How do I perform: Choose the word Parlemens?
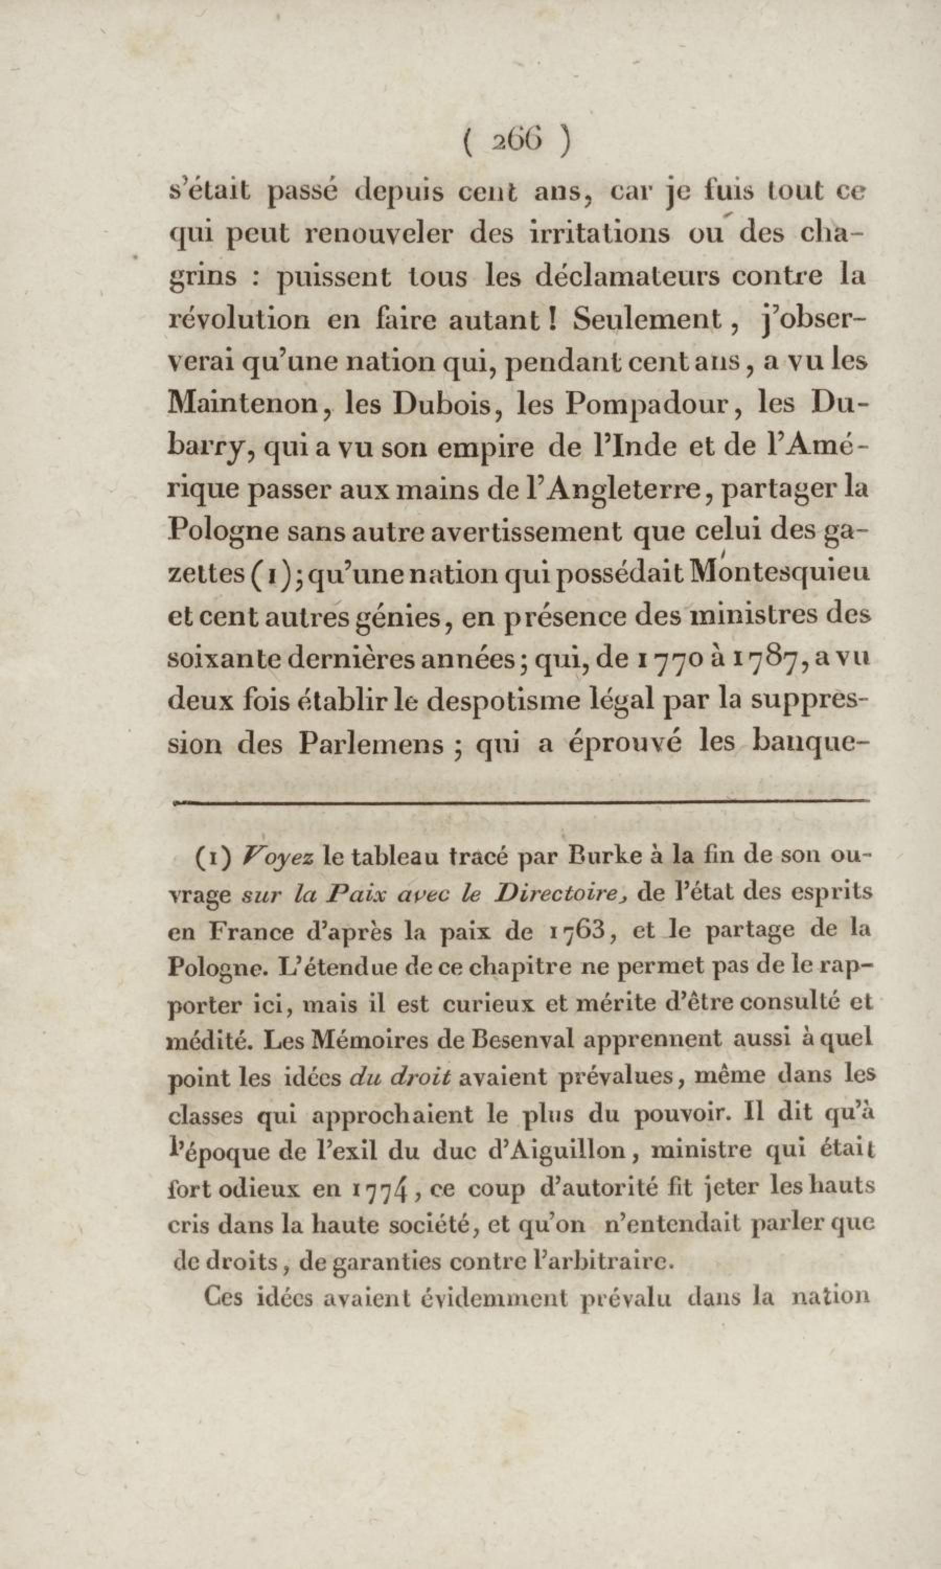(x=370, y=743)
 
